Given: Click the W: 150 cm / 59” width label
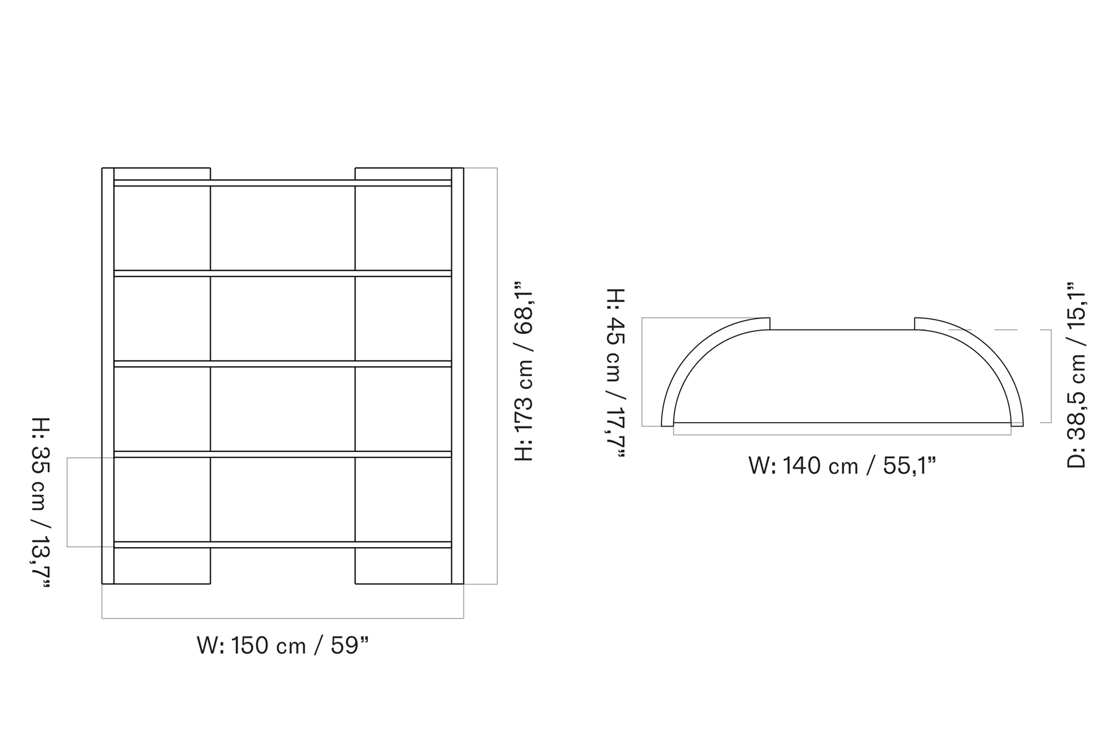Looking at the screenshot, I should (x=283, y=646).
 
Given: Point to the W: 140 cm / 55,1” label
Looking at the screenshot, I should (x=842, y=466).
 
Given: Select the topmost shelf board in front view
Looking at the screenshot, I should (x=283, y=183).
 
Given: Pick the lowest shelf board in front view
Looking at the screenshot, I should (x=283, y=545).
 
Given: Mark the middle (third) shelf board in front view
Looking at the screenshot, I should (x=283, y=364).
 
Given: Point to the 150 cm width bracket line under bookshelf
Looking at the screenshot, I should (x=283, y=618).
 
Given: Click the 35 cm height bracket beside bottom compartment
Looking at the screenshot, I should (x=67, y=502).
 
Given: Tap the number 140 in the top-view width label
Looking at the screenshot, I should (x=802, y=466).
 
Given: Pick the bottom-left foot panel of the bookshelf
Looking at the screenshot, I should (x=162, y=566).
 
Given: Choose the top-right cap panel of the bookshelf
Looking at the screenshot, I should (x=403, y=173).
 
